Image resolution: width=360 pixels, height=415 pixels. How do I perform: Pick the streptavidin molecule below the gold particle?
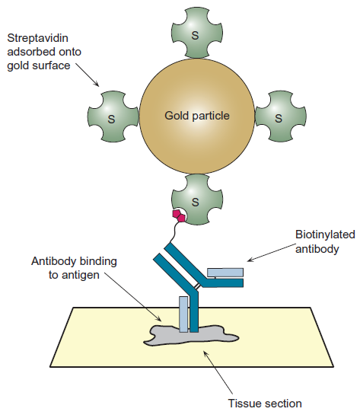pyautogui.click(x=196, y=201)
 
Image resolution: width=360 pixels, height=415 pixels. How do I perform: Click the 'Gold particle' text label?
pyautogui.click(x=196, y=117)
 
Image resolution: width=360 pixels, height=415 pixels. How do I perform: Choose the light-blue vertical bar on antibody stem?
pyautogui.click(x=183, y=314)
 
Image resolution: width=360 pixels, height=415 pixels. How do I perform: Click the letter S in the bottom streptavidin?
pyautogui.click(x=196, y=202)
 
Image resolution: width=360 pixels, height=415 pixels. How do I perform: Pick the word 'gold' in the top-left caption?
pyautogui.click(x=18, y=65)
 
